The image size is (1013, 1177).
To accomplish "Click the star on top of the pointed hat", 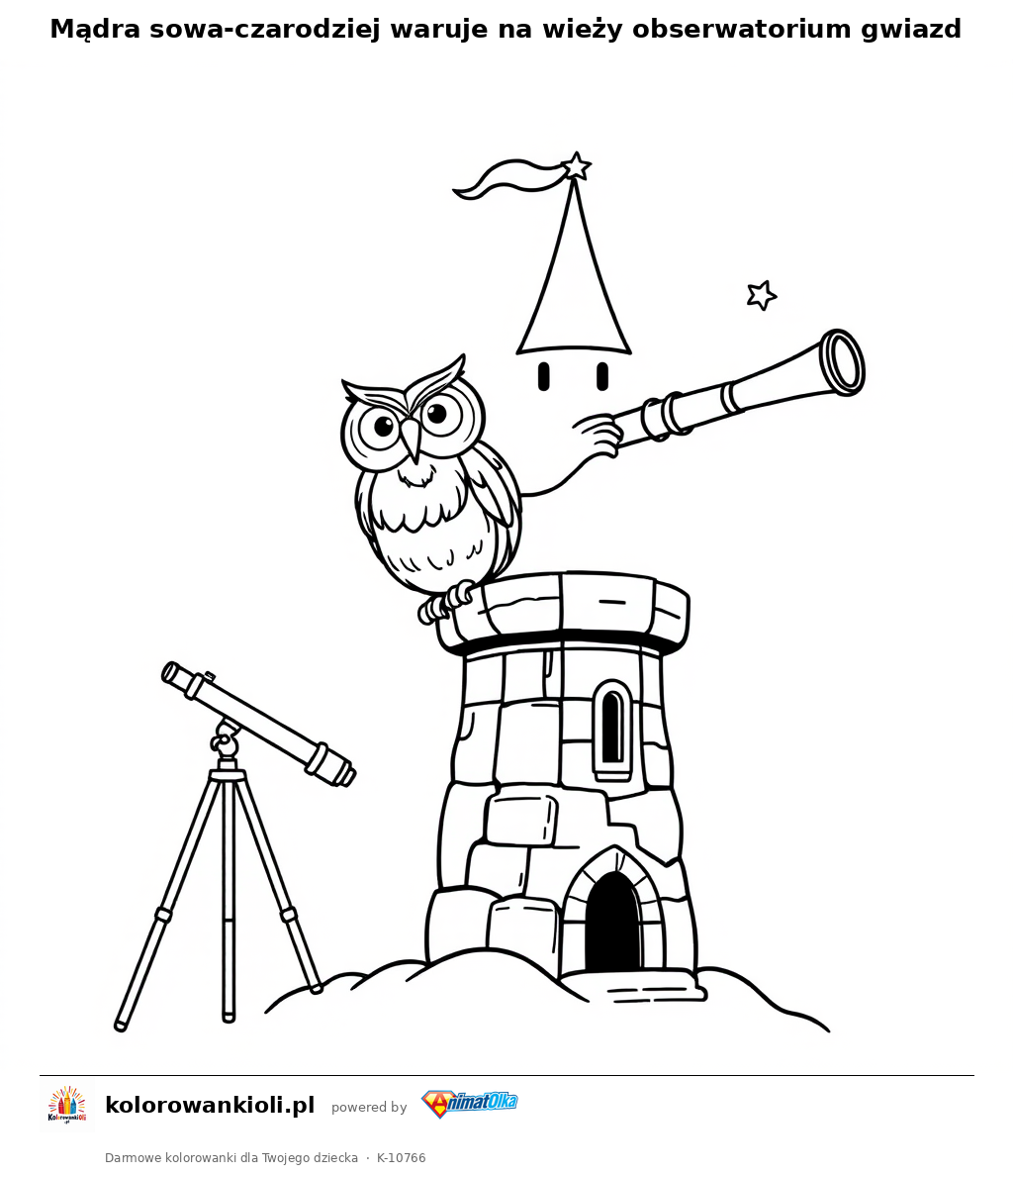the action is click(x=577, y=166).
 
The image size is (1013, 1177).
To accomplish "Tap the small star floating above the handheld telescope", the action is click(x=762, y=295).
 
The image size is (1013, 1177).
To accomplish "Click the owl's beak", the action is click(x=411, y=438).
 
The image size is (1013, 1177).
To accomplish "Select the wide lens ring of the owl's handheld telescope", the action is click(x=843, y=361).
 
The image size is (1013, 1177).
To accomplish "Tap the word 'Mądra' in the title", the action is click(x=95, y=30).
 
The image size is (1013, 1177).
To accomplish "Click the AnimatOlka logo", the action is click(x=469, y=1104).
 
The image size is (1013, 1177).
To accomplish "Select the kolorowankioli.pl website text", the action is click(x=210, y=1105).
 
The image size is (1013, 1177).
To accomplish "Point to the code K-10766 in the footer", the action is click(x=402, y=1157).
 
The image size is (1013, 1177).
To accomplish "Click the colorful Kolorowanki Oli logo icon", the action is click(x=67, y=1105).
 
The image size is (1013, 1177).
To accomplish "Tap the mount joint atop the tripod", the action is click(x=226, y=739).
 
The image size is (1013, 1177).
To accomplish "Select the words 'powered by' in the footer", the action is click(x=369, y=1107).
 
